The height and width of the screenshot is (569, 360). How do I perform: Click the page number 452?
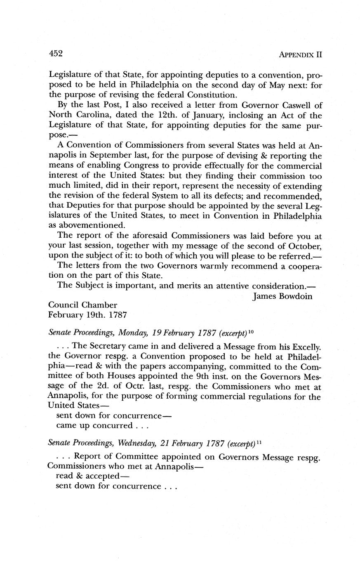tap(55, 53)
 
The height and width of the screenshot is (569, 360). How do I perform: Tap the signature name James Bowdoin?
tap(282, 296)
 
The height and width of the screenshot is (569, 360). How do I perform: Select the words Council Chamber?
tap(82, 305)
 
